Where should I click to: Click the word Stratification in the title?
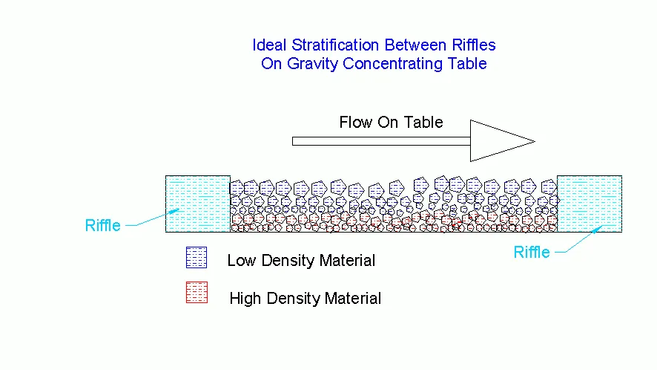coord(336,45)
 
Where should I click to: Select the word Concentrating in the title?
coord(392,64)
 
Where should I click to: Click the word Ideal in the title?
coord(269,45)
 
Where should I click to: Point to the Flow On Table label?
coord(391,122)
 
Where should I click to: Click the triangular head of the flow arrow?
coord(498,141)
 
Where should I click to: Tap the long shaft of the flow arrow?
coord(381,141)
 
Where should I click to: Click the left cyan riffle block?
coord(198,204)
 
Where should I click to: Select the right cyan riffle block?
coord(590,204)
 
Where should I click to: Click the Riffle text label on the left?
coord(102,226)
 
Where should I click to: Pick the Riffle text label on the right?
coord(531,252)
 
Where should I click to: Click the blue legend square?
coord(197,258)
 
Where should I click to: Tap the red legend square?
coord(197,292)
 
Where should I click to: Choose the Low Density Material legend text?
coord(301,260)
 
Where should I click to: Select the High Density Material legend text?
coord(305,298)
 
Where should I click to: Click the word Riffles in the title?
coord(474,45)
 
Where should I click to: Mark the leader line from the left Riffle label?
coord(153,218)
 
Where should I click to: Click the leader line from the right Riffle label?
coord(579,239)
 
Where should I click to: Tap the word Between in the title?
coord(416,45)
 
